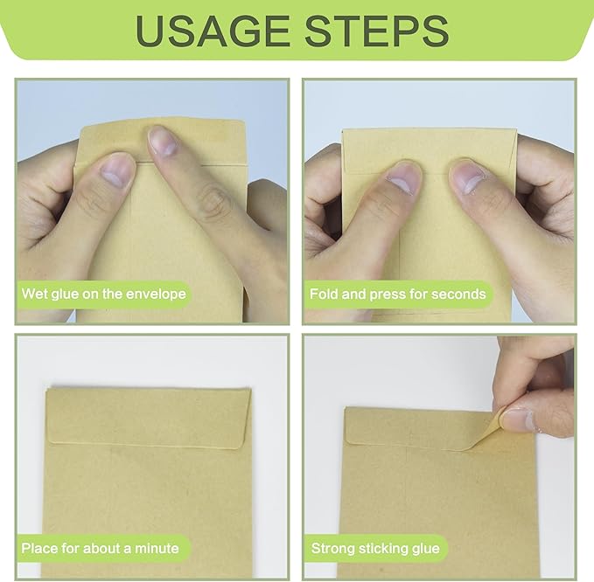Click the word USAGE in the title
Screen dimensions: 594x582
(212, 31)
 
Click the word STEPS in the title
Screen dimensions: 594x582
(377, 31)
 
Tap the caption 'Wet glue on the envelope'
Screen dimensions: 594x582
(104, 294)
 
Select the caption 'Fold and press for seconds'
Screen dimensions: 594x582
(398, 294)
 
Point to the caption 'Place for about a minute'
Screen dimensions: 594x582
(100, 548)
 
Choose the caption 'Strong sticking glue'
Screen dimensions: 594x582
(375, 548)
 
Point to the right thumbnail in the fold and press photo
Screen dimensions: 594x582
(469, 178)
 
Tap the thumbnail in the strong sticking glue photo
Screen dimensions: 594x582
(518, 419)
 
